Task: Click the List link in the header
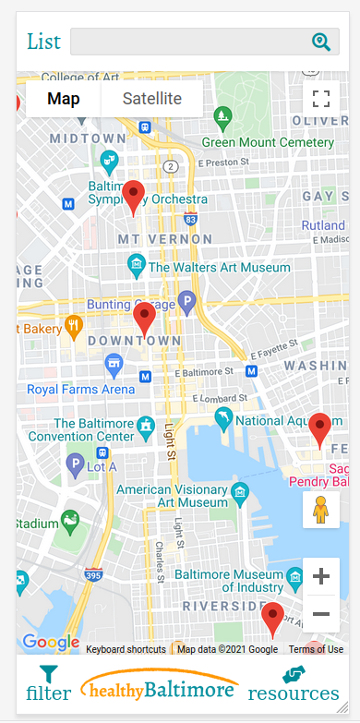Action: [43, 42]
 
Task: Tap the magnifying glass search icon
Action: [320, 42]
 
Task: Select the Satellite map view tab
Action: [151, 99]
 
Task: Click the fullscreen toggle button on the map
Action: [320, 99]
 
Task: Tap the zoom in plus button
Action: [320, 577]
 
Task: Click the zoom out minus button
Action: [320, 613]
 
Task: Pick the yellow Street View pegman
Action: [320, 510]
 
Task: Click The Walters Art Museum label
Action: [219, 267]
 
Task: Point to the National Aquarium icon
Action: [224, 420]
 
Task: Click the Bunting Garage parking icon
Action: [187, 301]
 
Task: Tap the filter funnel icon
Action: [48, 675]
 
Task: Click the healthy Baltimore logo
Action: [160, 690]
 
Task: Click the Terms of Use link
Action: [316, 649]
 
